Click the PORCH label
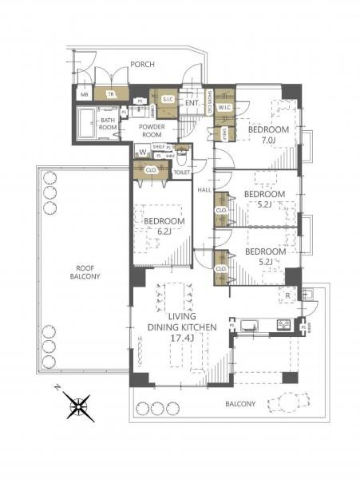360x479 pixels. (x=142, y=64)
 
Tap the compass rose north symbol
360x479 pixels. (x=80, y=408)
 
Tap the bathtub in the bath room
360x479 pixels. (x=85, y=125)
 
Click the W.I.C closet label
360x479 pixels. (x=225, y=106)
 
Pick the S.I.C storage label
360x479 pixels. (x=167, y=100)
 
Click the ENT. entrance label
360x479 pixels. (x=192, y=103)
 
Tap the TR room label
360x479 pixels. (x=111, y=93)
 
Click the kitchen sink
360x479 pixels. (x=247, y=325)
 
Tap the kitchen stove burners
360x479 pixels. (x=282, y=325)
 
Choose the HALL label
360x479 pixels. (x=204, y=190)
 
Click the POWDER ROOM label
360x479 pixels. (x=151, y=131)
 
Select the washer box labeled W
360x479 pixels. (x=142, y=152)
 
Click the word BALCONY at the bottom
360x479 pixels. (x=239, y=404)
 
